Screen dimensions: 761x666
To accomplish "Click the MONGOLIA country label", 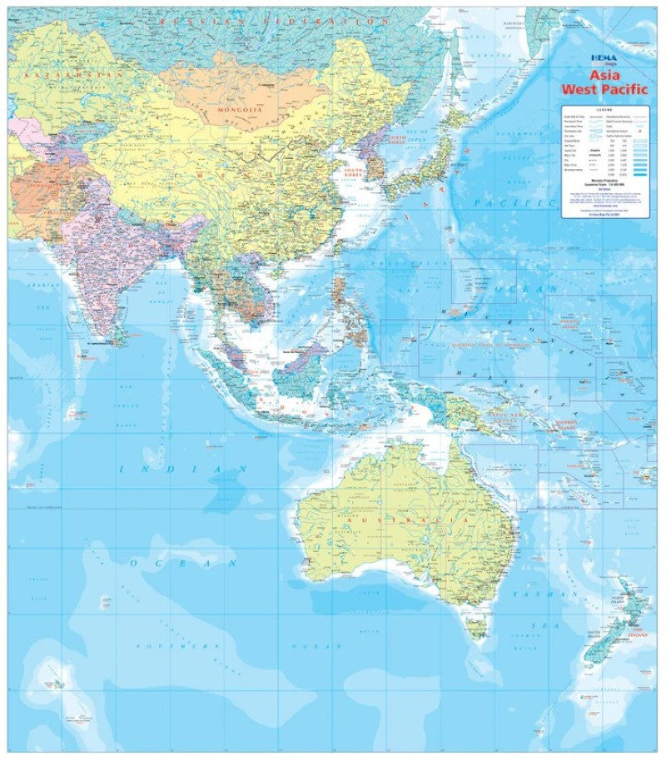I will click(x=240, y=109).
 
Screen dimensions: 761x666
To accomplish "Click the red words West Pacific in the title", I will click(x=604, y=87).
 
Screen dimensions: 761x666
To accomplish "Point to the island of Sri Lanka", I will click(x=119, y=335).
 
